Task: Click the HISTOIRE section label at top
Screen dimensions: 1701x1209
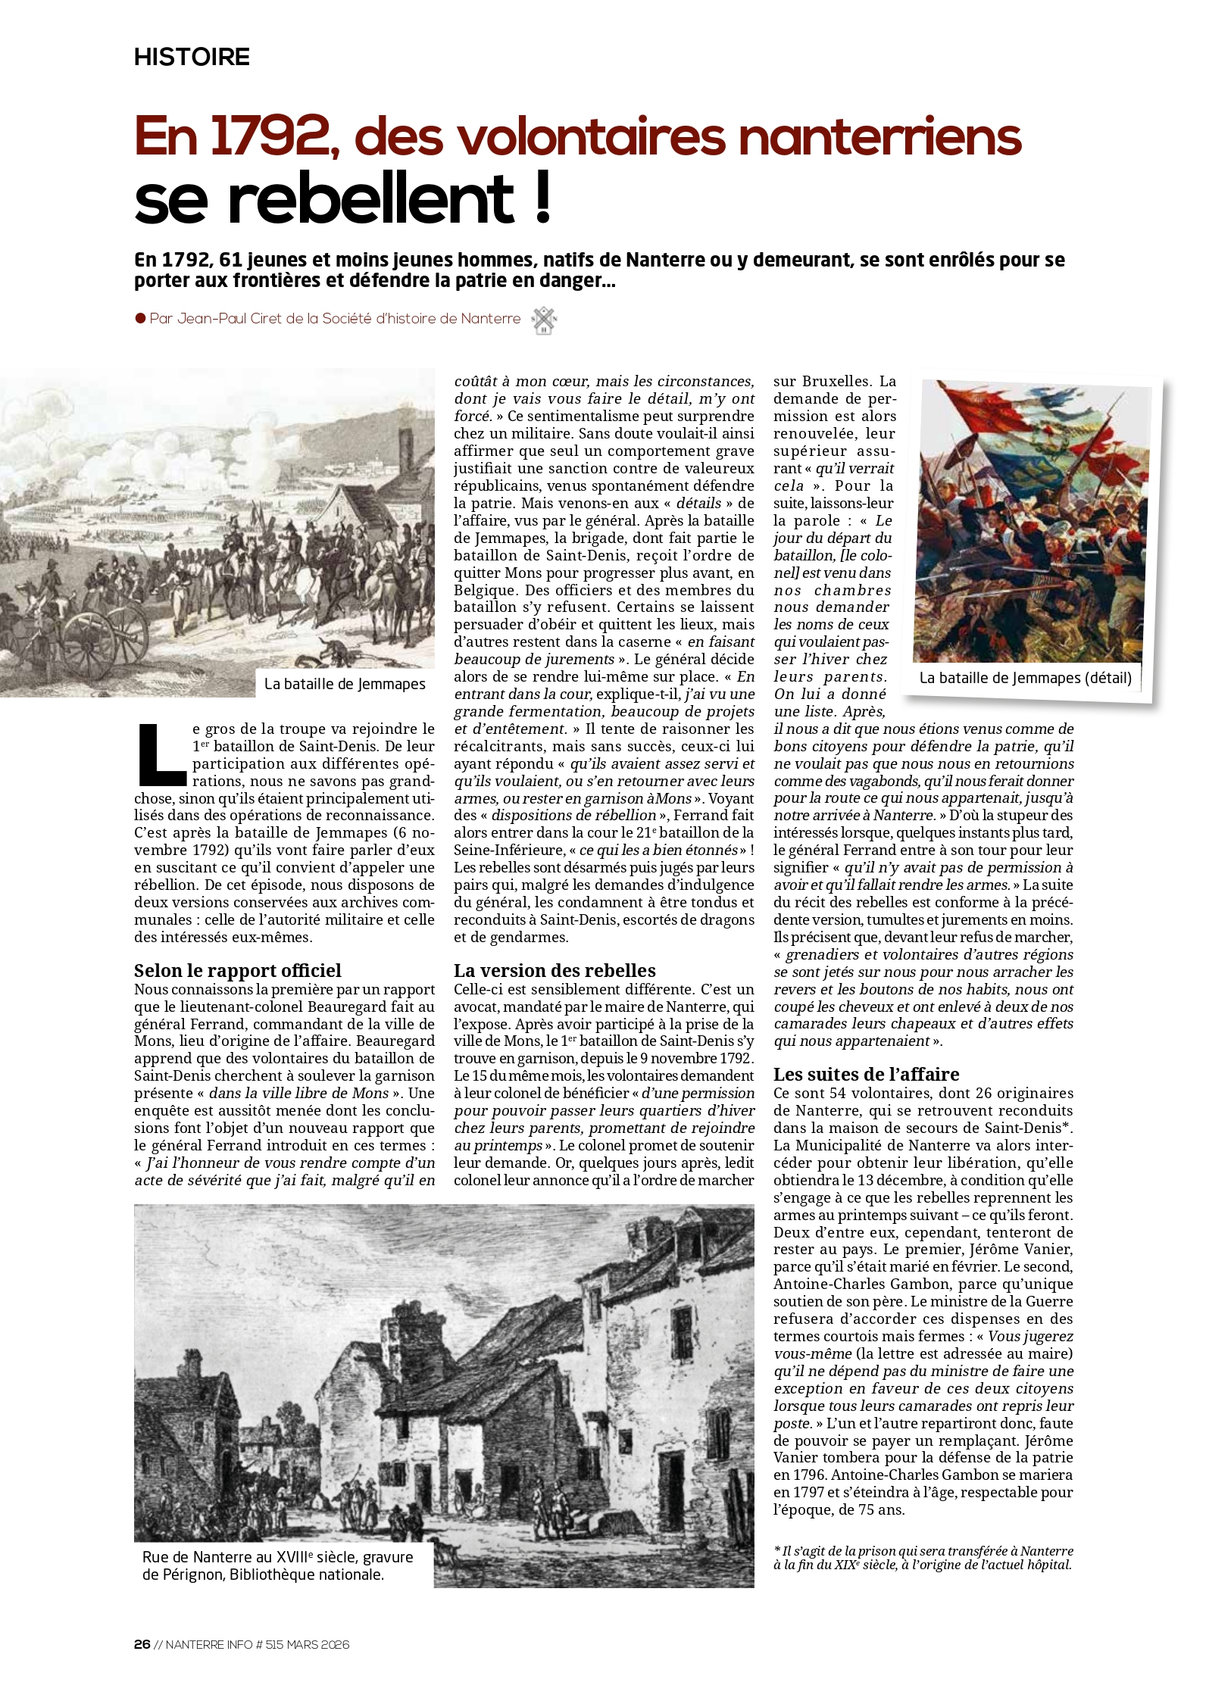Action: (192, 57)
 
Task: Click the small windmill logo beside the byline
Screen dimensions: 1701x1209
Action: (544, 320)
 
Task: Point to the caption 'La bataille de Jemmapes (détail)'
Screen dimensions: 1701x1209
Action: (1025, 678)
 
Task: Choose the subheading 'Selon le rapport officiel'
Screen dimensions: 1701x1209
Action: (237, 970)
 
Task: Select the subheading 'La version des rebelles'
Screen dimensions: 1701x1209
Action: (555, 970)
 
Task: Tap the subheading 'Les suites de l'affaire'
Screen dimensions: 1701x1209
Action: (866, 1074)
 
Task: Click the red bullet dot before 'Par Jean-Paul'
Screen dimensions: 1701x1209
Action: (140, 319)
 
